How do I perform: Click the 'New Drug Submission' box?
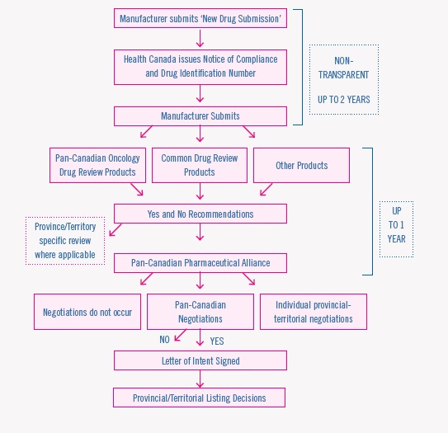click(200, 18)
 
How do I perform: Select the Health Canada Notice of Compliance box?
click(200, 67)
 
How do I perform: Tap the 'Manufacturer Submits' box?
click(200, 116)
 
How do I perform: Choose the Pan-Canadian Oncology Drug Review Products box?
click(97, 165)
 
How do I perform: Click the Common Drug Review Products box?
click(200, 165)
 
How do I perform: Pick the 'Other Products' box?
click(301, 165)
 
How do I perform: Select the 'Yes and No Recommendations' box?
click(200, 214)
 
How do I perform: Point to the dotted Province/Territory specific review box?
click(65, 240)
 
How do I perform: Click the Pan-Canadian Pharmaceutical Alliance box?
click(200, 263)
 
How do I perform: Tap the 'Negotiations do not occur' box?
click(87, 312)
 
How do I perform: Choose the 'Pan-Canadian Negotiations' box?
click(200, 312)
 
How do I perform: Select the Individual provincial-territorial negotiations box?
click(313, 312)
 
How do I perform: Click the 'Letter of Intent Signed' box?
click(200, 360)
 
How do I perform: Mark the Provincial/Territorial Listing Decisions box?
click(200, 398)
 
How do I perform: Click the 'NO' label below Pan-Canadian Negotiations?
click(166, 339)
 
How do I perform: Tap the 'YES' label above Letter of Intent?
click(216, 341)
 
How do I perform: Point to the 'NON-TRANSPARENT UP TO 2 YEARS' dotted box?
click(343, 79)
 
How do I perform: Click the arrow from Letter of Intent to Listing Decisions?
click(200, 379)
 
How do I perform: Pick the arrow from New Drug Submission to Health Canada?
click(200, 39)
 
